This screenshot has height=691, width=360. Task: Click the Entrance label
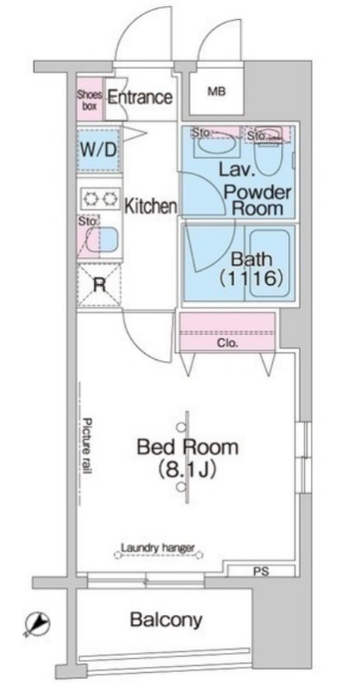(x=140, y=97)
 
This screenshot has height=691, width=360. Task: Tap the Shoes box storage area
(x=91, y=99)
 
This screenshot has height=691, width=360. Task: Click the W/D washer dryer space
(x=98, y=150)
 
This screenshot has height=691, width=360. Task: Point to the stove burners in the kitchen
(x=100, y=200)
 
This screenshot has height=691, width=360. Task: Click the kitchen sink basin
(x=102, y=241)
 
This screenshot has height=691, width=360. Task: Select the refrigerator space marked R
(x=99, y=285)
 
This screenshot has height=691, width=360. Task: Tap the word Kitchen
(x=151, y=206)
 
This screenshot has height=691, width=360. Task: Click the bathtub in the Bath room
(x=269, y=264)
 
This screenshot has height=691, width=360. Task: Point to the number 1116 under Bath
(x=250, y=278)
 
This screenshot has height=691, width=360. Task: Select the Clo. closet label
(x=227, y=343)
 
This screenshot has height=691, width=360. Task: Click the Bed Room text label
(x=187, y=447)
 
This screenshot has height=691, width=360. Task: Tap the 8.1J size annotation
(x=187, y=470)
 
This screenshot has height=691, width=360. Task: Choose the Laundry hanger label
(x=157, y=548)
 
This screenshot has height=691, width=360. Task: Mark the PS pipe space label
(x=261, y=572)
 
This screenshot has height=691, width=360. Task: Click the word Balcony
(x=167, y=619)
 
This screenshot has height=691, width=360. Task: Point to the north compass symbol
(x=37, y=624)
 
